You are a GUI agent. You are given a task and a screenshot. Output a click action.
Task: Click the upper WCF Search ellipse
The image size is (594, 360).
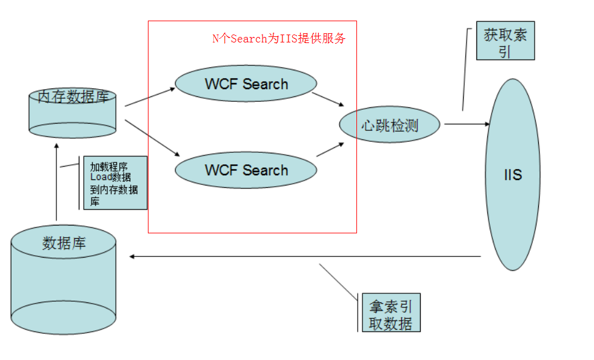245,84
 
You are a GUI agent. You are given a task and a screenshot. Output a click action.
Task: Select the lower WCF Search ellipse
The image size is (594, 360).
245,170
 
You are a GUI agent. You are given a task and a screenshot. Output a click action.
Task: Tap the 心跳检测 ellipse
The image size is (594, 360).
390,125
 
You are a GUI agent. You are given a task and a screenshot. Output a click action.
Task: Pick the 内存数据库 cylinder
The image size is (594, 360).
73,112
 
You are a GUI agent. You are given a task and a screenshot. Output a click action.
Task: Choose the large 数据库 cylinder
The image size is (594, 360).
64,279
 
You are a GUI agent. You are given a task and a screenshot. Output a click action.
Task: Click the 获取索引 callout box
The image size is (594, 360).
506,42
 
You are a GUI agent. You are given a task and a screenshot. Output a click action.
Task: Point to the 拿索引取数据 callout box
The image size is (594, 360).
390,313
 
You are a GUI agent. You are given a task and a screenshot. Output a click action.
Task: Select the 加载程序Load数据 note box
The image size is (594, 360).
115,183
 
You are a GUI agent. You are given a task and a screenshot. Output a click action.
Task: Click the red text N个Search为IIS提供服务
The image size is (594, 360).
279,39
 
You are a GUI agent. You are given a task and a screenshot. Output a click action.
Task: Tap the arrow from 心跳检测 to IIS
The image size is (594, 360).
467,124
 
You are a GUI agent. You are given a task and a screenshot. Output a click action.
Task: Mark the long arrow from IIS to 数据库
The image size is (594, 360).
303,256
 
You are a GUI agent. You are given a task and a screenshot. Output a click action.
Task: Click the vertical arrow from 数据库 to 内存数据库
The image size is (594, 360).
57,182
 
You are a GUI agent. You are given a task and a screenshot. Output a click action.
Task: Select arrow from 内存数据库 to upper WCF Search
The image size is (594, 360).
150,98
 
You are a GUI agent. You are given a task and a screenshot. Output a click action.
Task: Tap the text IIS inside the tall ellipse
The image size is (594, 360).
513,175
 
